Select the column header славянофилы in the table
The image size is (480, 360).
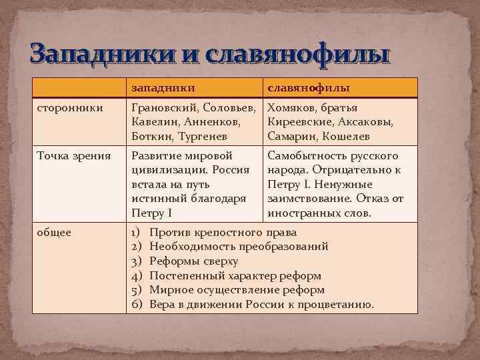(x=309, y=87)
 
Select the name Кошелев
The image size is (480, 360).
(x=347, y=136)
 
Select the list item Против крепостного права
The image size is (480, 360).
(x=223, y=232)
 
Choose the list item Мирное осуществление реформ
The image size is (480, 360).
(x=237, y=290)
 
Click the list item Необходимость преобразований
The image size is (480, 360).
(x=239, y=247)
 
